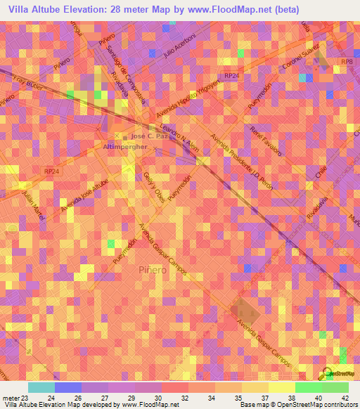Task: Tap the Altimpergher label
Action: point(124,147)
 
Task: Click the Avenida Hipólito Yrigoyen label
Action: point(189,97)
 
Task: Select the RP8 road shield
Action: point(345,63)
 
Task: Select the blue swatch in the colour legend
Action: point(67,387)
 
